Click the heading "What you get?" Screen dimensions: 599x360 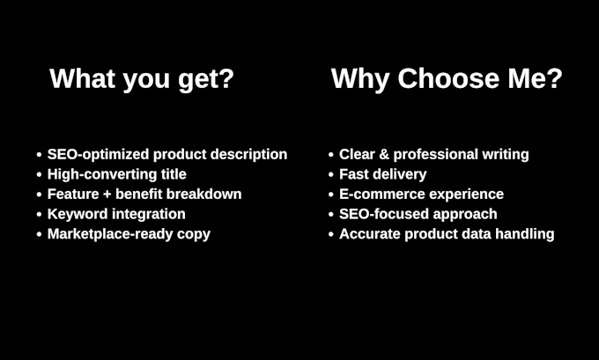[142, 79]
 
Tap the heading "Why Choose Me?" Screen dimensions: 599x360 [447, 79]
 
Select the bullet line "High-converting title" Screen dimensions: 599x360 [117, 174]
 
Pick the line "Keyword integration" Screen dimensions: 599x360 [116, 214]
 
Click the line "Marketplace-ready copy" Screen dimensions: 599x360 [129, 234]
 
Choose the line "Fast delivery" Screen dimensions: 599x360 [383, 174]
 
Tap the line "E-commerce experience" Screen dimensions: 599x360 [421, 195]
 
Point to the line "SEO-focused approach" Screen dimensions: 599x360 [418, 214]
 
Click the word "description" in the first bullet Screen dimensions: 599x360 [248, 155]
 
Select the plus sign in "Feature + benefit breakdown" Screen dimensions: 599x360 [107, 195]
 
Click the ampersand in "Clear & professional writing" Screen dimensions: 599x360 [384, 155]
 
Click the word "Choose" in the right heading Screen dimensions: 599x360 [448, 78]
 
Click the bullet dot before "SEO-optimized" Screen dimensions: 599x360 [39, 155]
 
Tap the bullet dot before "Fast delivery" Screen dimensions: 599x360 [331, 174]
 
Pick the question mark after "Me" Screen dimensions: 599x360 [555, 78]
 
